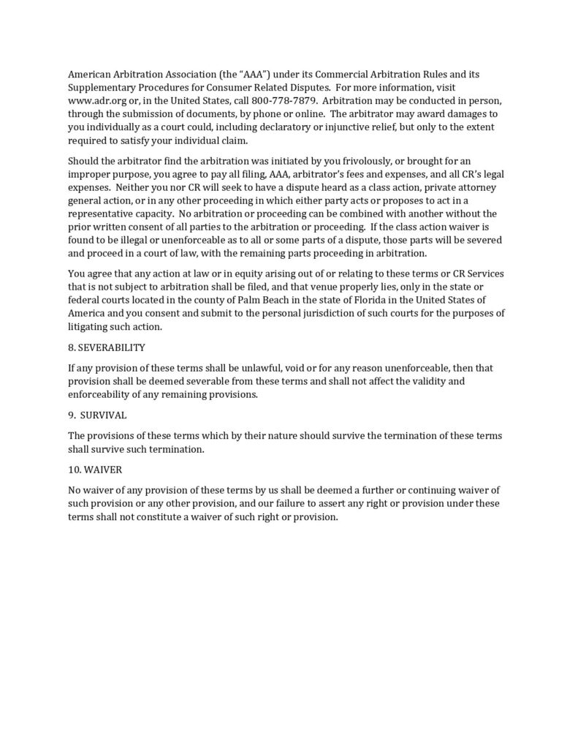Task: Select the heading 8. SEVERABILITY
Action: (106, 346)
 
